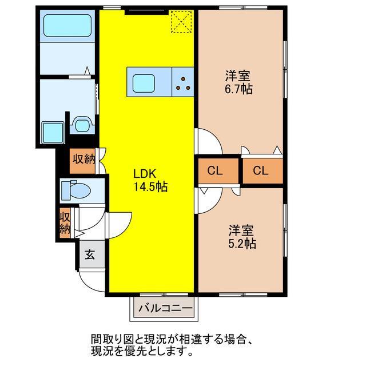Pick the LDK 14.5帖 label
149,180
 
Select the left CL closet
215,170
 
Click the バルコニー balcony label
165,309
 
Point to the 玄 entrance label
90,254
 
